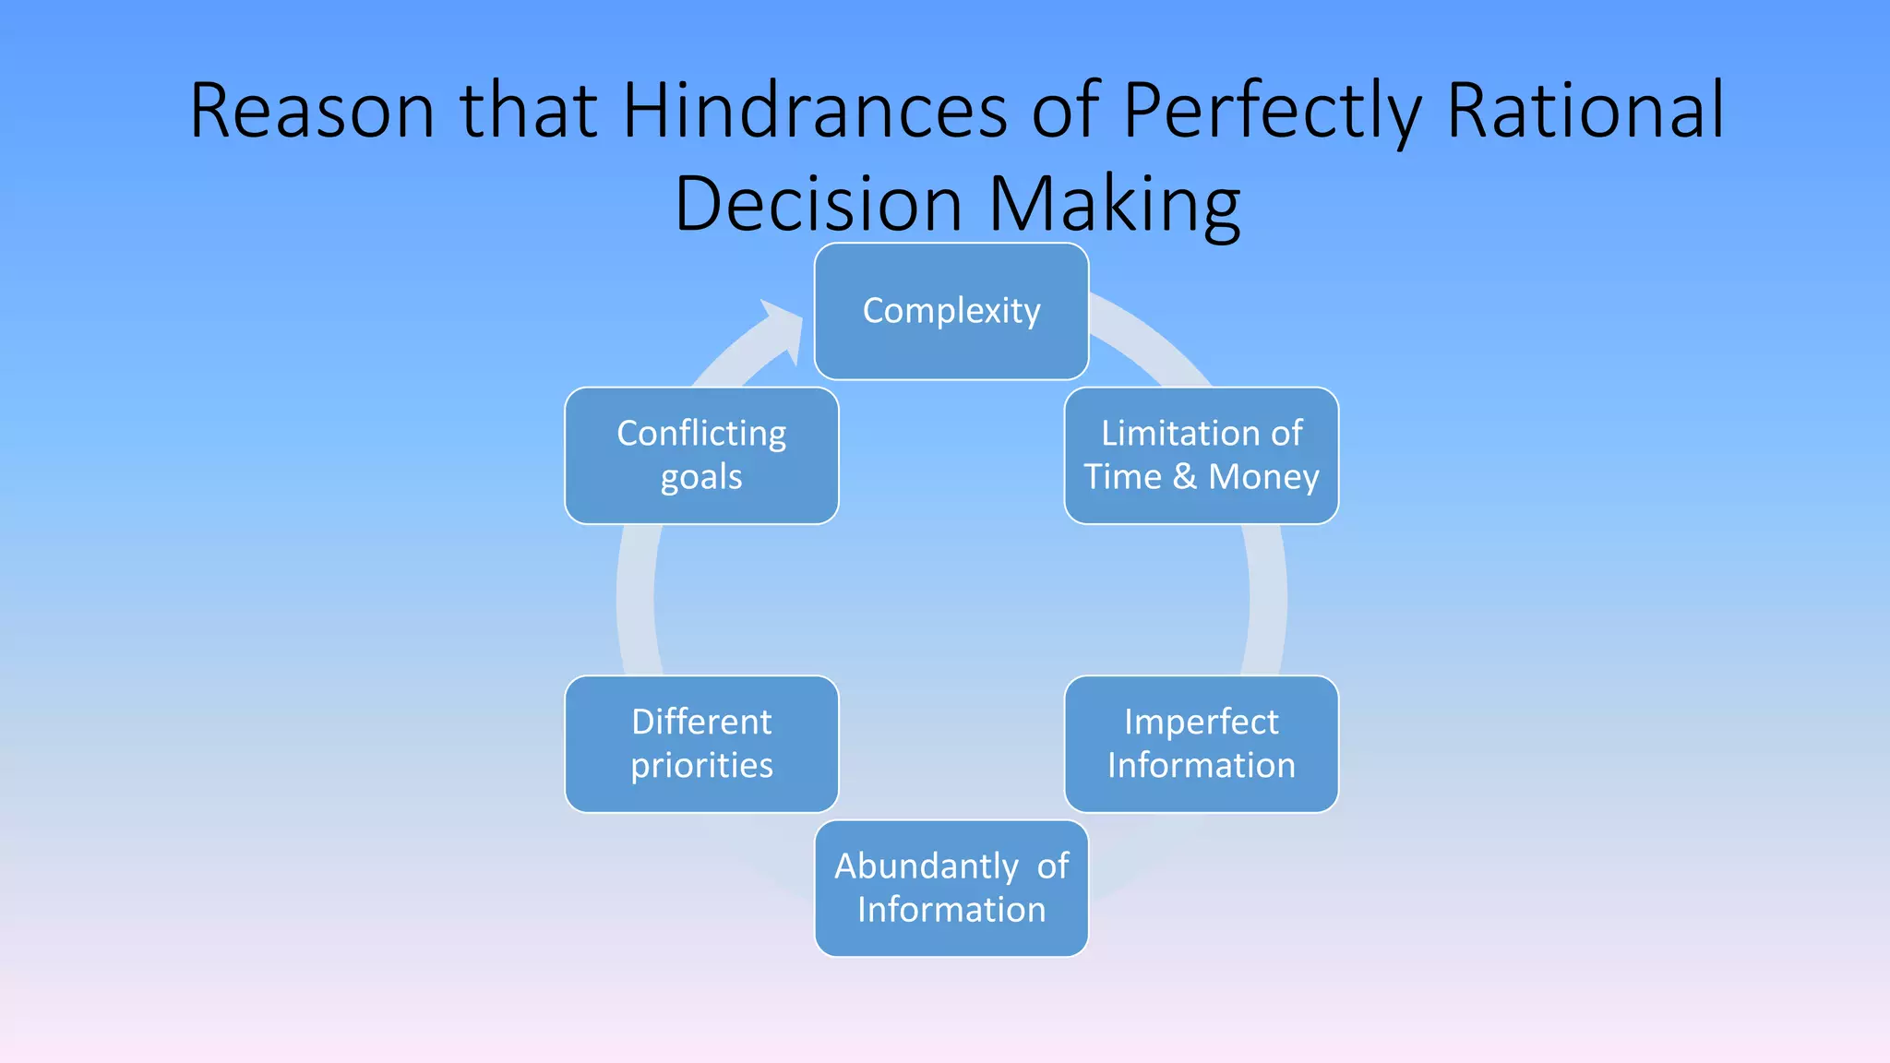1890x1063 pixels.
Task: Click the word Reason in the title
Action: [311, 111]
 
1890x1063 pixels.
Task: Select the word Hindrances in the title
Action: [815, 111]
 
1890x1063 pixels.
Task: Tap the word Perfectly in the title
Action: [1271, 111]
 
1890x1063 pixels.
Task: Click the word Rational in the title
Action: [1585, 111]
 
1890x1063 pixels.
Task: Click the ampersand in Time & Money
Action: [1185, 477]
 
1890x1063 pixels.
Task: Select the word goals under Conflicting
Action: [701, 478]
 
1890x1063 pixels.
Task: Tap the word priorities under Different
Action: [701, 766]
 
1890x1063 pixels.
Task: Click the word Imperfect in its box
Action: [1201, 723]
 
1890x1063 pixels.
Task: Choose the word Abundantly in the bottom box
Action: [926, 866]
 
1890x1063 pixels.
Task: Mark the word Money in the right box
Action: [1263, 477]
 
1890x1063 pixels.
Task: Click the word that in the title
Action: [529, 111]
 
